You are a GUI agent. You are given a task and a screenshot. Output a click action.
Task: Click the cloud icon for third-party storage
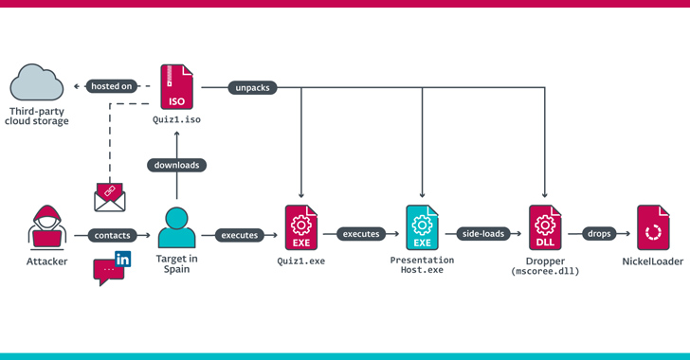pos(37,82)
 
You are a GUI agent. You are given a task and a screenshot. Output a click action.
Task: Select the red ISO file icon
pos(176,87)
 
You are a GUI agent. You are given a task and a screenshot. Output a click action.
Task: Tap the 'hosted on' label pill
pos(111,86)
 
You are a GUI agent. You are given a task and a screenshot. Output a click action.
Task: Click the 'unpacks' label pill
pos(252,87)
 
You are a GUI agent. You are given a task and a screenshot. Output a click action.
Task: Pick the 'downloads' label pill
pos(176,165)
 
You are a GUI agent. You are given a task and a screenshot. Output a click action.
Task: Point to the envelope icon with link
pos(110,197)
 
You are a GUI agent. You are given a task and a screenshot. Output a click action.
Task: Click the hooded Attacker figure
pos(47,226)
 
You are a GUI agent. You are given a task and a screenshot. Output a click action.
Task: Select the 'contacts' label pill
pos(112,236)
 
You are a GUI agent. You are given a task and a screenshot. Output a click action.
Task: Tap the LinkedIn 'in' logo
pos(123,260)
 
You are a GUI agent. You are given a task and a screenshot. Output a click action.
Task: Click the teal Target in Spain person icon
pos(176,227)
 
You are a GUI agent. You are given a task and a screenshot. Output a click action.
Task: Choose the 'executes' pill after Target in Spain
pos(240,236)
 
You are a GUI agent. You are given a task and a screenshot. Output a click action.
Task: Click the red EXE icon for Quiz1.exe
pos(301,227)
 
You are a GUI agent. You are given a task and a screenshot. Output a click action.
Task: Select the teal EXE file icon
pos(422,227)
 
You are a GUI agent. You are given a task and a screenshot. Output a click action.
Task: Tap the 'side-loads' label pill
pos(483,234)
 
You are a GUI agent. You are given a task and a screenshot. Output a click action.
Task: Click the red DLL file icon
pos(545,227)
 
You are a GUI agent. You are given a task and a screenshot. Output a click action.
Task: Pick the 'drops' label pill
pos(599,234)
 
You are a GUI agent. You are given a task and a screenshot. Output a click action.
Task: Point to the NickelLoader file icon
pos(653,227)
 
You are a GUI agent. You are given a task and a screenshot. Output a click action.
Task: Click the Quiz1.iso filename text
pos(176,119)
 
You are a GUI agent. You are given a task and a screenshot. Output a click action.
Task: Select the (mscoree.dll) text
pos(545,271)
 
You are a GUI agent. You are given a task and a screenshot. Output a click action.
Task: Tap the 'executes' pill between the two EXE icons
pos(361,234)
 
